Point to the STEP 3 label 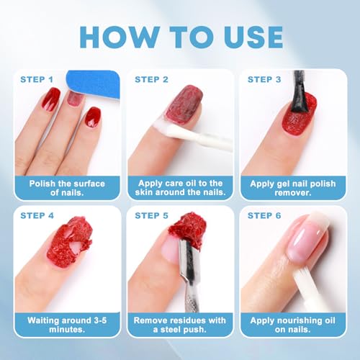pos(263,78)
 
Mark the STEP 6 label pos(263,215)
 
